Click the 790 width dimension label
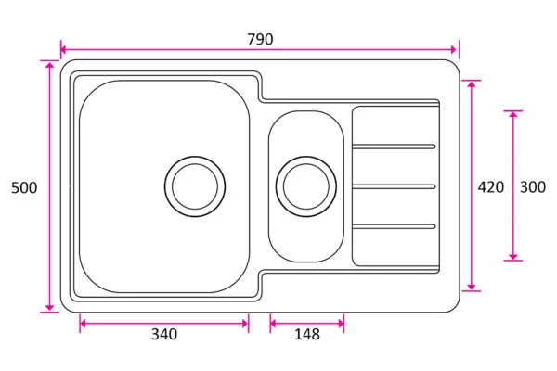[260, 39]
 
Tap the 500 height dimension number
[24, 187]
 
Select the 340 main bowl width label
[164, 334]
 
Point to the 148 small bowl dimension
[307, 334]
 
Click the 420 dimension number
[490, 187]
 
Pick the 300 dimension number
[533, 187]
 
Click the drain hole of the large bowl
[195, 186]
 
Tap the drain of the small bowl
[306, 186]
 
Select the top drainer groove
[394, 147]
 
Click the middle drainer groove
[394, 186]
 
